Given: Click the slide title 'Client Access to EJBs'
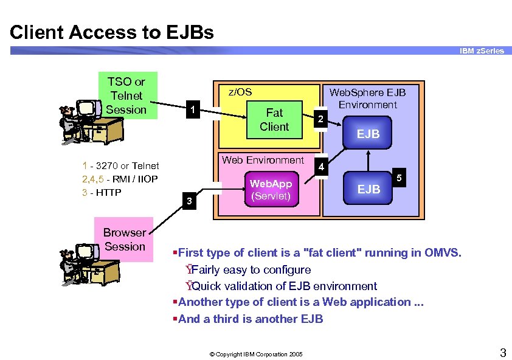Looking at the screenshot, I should pyautogui.click(x=112, y=32).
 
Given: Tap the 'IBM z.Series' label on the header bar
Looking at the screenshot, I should pyautogui.click(x=482, y=51).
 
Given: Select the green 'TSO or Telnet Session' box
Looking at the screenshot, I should pyautogui.click(x=126, y=95).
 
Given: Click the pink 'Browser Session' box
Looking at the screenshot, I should pyautogui.click(x=124, y=240).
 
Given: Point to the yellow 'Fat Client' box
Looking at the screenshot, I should pyautogui.click(x=274, y=120).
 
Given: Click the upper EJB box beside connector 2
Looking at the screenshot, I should pyautogui.click(x=368, y=134).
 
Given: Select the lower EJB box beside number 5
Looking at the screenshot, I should pyautogui.click(x=368, y=189).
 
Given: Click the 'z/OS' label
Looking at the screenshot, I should pyautogui.click(x=240, y=92).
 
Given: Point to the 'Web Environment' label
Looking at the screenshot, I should pyautogui.click(x=263, y=160).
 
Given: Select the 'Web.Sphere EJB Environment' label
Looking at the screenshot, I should pyautogui.click(x=367, y=98).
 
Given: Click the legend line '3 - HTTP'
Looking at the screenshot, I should pyautogui.click(x=102, y=193).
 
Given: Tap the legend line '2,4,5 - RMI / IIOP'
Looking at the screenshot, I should pyautogui.click(x=120, y=179).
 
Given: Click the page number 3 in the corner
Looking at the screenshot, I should pyautogui.click(x=502, y=351).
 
